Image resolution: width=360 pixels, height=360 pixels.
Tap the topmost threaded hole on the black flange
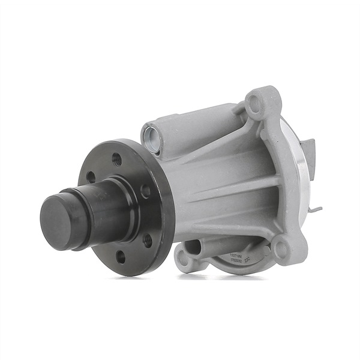click(117, 159)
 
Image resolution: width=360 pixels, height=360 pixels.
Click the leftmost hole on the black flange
click(91, 177)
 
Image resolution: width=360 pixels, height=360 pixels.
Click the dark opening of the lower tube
click(191, 246)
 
